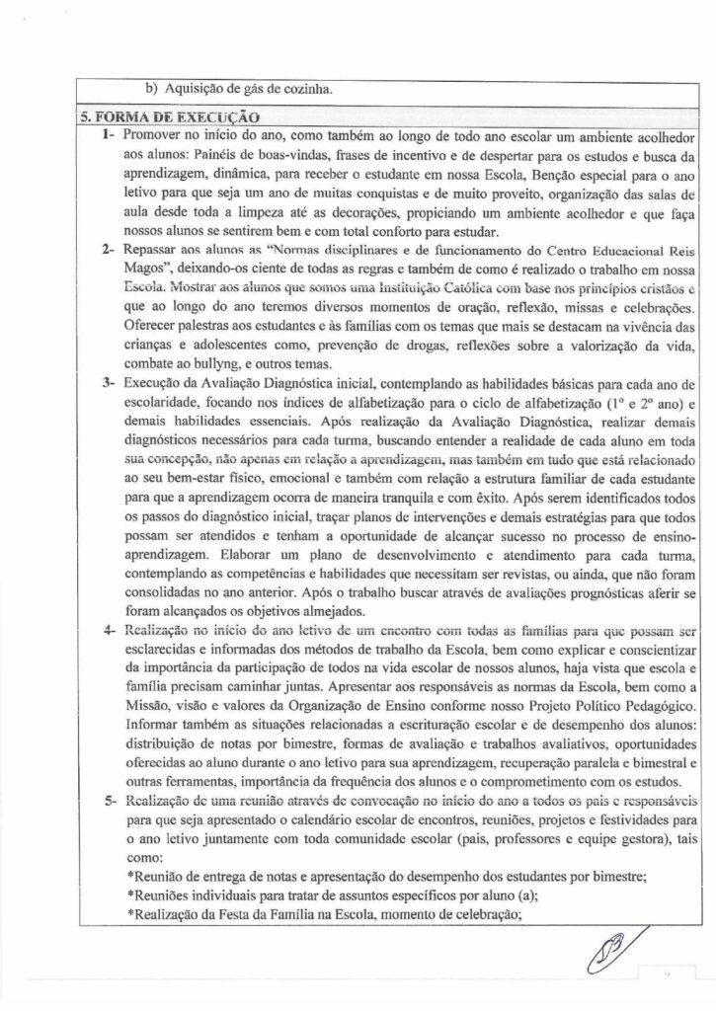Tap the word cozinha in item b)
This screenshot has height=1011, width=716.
[x=306, y=88]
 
